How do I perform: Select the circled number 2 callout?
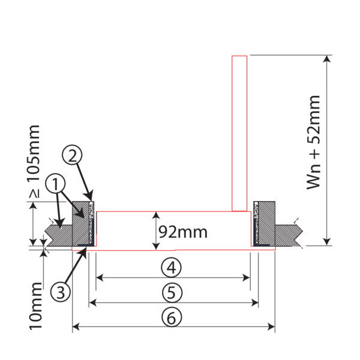74,156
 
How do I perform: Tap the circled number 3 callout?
59,292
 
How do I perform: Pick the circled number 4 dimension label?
172,266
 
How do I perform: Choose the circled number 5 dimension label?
172,292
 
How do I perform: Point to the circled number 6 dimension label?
172,317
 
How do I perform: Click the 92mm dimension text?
181,230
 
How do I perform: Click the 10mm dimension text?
35,313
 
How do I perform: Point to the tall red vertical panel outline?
239,132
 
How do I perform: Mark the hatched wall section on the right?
291,234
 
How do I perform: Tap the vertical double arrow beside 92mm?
155,230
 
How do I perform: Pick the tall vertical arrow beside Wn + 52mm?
328,150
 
